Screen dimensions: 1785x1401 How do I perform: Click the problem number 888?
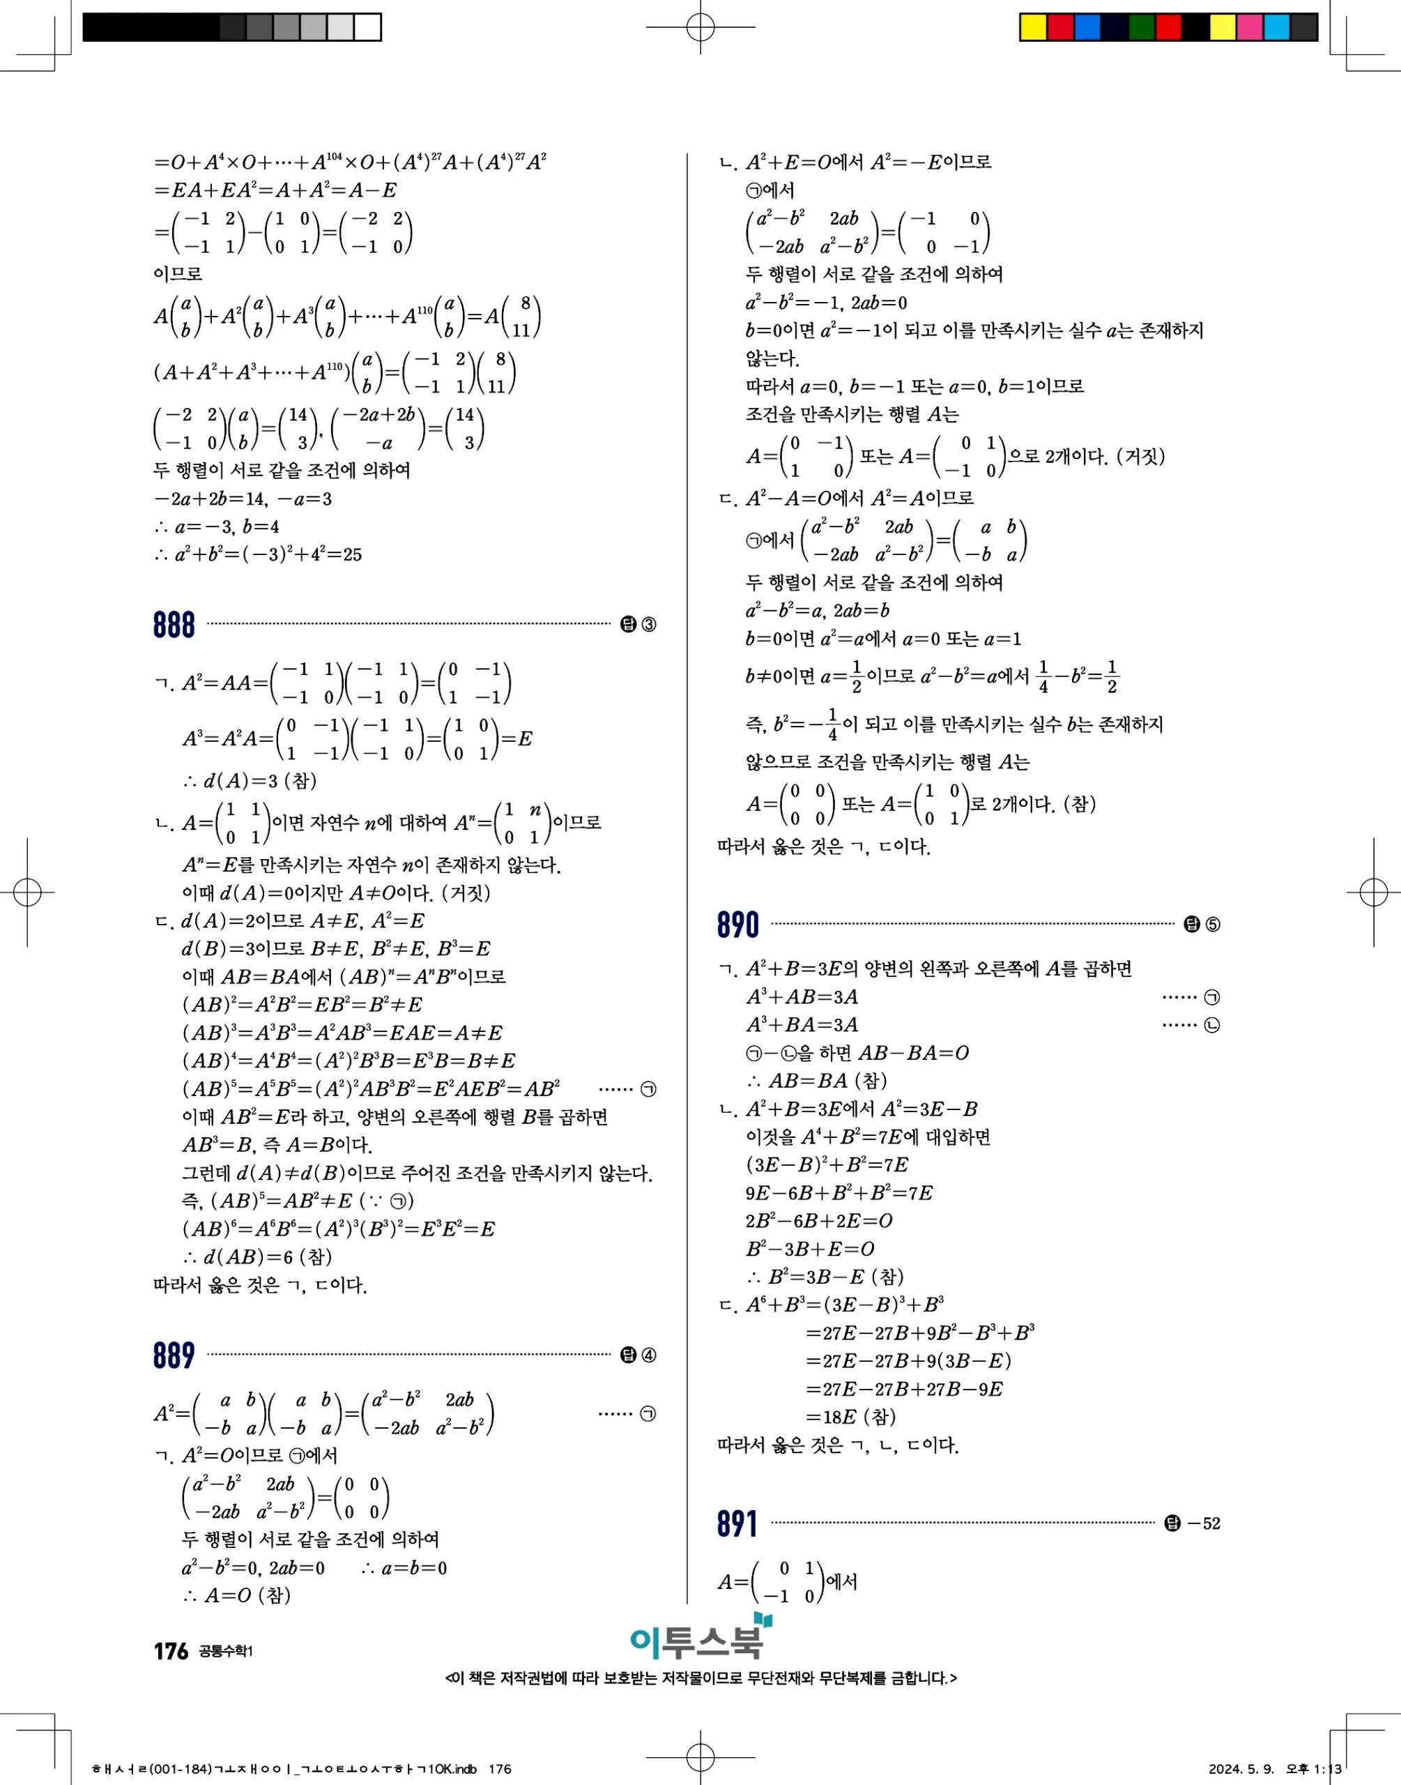(174, 625)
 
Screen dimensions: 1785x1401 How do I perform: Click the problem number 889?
(174, 1355)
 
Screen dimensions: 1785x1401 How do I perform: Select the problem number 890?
(738, 925)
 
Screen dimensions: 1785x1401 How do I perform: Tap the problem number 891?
(737, 1524)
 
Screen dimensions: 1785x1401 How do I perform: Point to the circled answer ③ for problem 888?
(649, 625)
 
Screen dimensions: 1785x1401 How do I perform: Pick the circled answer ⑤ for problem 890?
(1212, 925)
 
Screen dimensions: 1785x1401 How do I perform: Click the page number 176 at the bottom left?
(171, 1651)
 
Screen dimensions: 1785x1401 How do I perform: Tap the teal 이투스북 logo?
(700, 1639)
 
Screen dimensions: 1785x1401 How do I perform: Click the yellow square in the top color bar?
(1033, 27)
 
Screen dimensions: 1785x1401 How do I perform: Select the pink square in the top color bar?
(1249, 27)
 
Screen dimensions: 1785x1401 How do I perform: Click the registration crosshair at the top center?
(700, 27)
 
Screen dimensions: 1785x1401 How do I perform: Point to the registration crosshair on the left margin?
(27, 892)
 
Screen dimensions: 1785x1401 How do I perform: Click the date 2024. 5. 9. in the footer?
(1240, 1768)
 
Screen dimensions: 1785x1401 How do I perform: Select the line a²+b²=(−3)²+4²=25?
(258, 554)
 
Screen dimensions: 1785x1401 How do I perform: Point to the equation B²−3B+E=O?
(810, 1249)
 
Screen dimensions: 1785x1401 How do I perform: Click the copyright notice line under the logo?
(700, 1678)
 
